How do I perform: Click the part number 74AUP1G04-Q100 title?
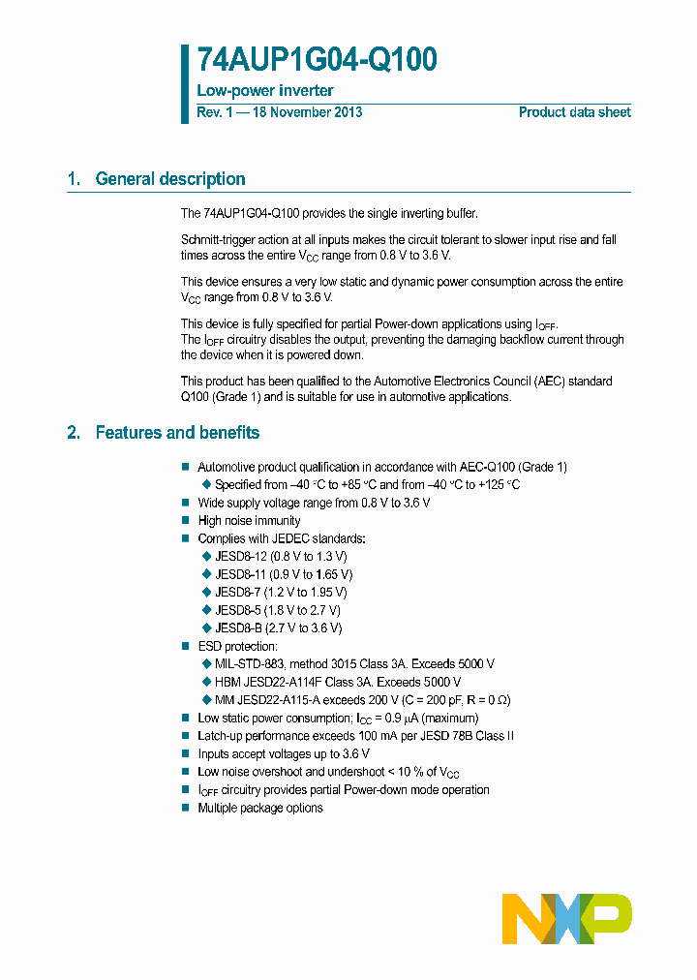point(317,60)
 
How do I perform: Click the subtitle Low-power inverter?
point(265,91)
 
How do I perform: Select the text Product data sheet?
point(574,112)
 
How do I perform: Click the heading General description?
point(170,179)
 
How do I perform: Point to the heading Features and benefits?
point(177,433)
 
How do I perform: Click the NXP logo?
point(567,918)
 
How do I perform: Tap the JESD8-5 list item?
point(277,610)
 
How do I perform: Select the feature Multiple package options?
point(260,808)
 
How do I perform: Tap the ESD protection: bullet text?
point(237,646)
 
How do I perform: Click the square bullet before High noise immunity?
point(186,521)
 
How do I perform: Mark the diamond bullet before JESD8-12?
point(205,556)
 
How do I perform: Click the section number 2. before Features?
point(74,433)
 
